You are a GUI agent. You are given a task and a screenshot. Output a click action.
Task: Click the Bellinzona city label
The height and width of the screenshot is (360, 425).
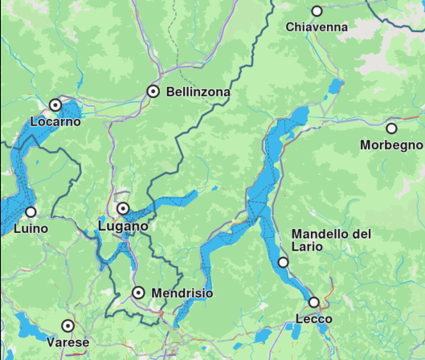(x=198, y=92)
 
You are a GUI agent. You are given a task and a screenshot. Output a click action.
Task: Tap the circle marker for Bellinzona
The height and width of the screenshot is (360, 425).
(x=153, y=92)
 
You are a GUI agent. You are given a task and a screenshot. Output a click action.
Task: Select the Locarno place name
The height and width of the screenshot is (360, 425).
(x=55, y=122)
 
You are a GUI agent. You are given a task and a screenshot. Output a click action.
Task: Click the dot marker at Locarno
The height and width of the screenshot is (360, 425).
(x=55, y=104)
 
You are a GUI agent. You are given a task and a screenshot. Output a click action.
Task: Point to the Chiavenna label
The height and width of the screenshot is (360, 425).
(x=317, y=27)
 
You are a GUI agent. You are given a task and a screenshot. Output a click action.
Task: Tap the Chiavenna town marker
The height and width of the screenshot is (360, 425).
(x=317, y=11)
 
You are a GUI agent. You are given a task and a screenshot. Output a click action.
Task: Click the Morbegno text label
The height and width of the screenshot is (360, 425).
(x=391, y=145)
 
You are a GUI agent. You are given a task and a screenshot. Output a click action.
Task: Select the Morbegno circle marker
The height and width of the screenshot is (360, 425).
(x=391, y=128)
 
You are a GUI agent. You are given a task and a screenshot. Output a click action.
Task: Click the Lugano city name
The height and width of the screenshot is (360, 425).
(x=123, y=227)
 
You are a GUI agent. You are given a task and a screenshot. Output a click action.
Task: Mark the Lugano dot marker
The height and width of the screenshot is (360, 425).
(x=123, y=208)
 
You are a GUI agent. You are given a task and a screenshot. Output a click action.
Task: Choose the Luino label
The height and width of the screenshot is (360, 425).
(x=31, y=228)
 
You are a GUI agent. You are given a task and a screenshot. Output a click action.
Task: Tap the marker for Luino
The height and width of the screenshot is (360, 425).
(x=31, y=212)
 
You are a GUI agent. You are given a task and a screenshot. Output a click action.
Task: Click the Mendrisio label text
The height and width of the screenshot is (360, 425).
(x=182, y=293)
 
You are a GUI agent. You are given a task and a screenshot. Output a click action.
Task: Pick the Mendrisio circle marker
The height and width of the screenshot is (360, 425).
(x=138, y=292)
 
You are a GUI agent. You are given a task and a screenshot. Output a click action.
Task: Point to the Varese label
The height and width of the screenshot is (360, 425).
(x=68, y=343)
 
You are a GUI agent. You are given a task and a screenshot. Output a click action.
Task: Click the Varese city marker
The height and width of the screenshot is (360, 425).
(x=68, y=325)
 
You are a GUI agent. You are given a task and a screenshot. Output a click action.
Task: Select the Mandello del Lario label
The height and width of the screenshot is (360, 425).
(x=331, y=239)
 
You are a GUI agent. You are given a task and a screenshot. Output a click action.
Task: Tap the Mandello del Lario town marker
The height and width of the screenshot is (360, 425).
(x=283, y=262)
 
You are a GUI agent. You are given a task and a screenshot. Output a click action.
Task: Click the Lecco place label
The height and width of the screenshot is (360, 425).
(x=314, y=320)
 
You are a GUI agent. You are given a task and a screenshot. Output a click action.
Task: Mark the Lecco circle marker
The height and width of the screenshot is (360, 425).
(x=314, y=302)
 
